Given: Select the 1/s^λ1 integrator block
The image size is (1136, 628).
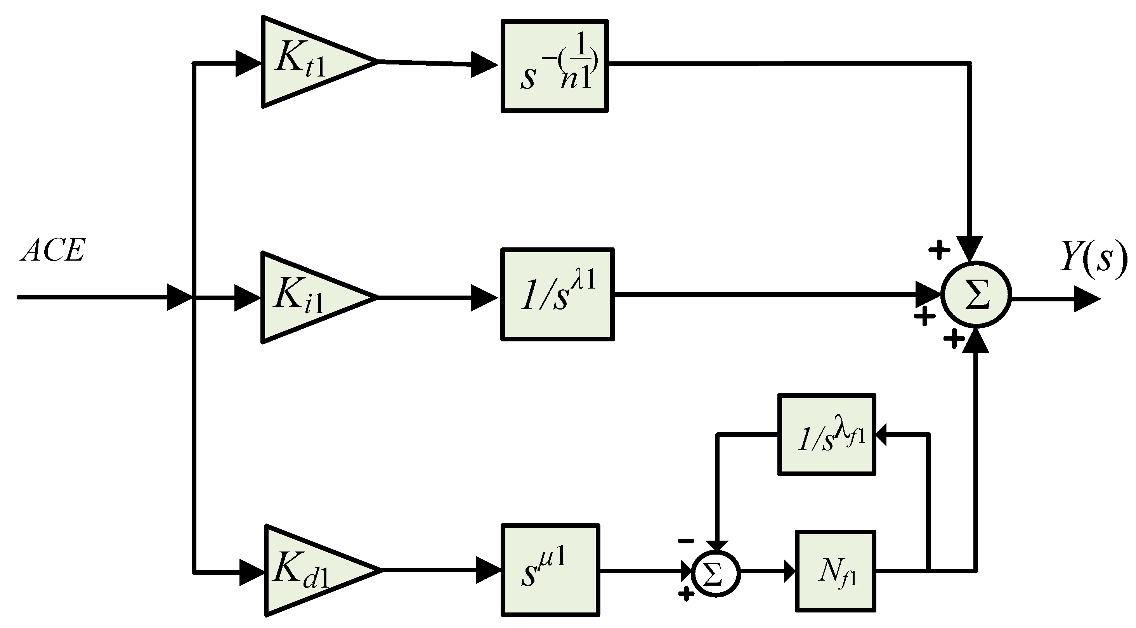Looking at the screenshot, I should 557,295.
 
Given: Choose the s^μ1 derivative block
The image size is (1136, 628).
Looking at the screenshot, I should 550,570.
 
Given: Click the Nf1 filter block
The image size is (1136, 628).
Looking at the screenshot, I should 835,571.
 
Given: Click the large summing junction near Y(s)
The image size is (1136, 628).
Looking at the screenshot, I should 976,295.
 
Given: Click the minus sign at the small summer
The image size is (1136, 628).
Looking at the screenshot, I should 686,541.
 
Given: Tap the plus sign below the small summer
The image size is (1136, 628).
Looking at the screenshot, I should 686,594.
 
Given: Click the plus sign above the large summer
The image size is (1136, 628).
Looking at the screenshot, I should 939,250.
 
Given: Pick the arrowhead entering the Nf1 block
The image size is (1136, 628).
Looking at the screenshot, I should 790,571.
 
